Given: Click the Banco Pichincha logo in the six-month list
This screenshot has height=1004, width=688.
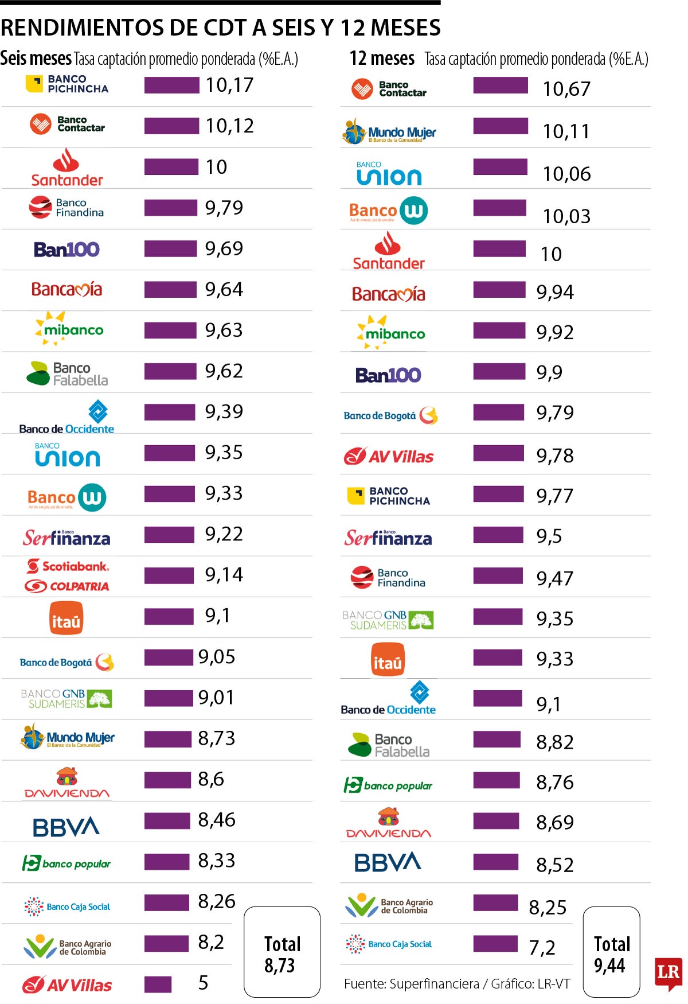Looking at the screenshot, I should click(67, 84).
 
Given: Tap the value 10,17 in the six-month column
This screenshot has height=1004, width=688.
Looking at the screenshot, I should click(229, 85).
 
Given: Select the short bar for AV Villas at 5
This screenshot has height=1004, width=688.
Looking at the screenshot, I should click(158, 984).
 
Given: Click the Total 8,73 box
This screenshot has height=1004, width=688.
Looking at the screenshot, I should click(282, 952).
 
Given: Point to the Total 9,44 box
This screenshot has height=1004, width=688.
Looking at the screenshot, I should click(611, 952).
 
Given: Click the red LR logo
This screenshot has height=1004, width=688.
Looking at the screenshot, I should click(668, 973).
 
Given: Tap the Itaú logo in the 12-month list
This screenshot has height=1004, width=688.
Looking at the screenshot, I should click(388, 659).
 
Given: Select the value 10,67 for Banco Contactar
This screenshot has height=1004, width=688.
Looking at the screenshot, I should click(566, 89).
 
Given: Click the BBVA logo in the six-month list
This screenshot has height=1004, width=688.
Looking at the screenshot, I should click(66, 827).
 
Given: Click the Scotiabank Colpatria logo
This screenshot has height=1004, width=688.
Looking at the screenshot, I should click(67, 576).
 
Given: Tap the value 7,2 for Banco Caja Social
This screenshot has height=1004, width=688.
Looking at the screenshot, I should click(542, 948).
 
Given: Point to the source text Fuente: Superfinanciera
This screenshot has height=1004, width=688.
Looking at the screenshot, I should click(412, 984).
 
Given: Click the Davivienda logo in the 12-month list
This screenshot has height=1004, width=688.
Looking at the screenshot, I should click(388, 823).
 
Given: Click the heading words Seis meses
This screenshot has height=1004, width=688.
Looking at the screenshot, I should click(36, 59).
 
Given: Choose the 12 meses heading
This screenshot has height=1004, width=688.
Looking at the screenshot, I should click(382, 59).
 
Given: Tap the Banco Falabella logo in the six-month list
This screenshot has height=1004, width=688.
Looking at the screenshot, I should click(67, 373).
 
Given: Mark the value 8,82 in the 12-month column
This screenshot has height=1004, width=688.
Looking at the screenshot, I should click(554, 742).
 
